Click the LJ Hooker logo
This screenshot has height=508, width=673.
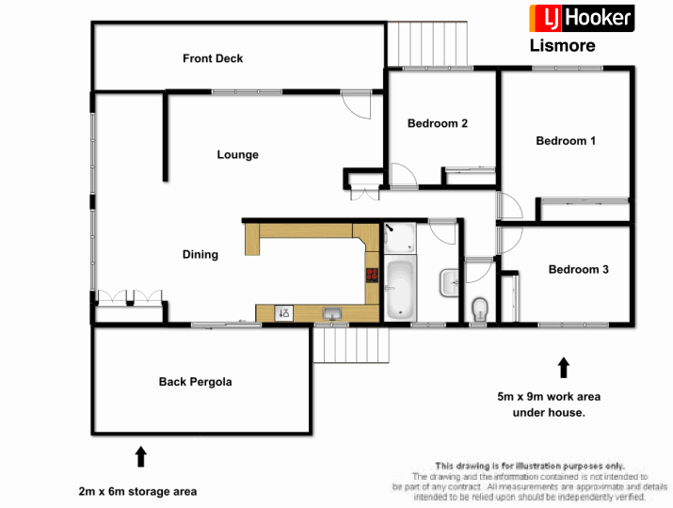[581, 18]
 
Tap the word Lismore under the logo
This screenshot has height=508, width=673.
[563, 45]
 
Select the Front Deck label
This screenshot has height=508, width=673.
[213, 58]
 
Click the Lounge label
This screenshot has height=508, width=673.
[237, 155]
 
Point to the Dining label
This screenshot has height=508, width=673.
[200, 254]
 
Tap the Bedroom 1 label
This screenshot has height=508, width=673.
[566, 141]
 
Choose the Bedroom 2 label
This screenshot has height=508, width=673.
[438, 123]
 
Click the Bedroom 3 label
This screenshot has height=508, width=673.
[578, 269]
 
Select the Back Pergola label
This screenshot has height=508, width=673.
[195, 382]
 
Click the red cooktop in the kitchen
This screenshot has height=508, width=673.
[372, 275]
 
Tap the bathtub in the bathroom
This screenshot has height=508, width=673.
[400, 288]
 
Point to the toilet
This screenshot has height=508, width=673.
[479, 308]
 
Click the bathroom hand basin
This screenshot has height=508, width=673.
[448, 279]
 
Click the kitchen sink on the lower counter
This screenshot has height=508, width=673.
[330, 313]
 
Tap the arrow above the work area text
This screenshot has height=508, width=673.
[563, 367]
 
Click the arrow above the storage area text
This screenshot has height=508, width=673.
[140, 457]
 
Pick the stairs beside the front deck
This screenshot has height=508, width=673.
[429, 43]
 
